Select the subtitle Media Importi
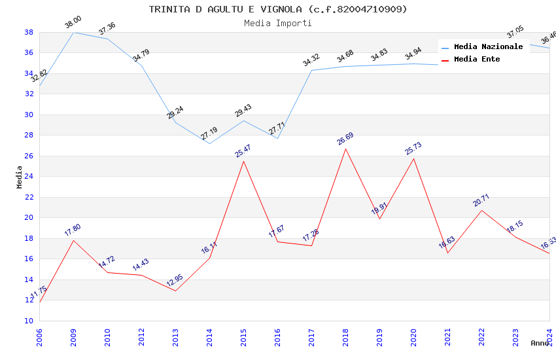click(277, 23)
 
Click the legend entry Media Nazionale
click(488, 47)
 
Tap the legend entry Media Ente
click(477, 60)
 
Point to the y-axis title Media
click(20, 177)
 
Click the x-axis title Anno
click(540, 343)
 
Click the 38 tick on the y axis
click(29, 32)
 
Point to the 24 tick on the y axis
click(29, 177)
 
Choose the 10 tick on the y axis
click(29, 321)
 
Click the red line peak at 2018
click(345, 149)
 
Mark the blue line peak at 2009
click(73, 32)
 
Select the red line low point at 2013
click(175, 291)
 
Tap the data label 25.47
click(243, 151)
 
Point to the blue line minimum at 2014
click(209, 143)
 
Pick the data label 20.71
click(481, 200)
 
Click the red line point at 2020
click(413, 158)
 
